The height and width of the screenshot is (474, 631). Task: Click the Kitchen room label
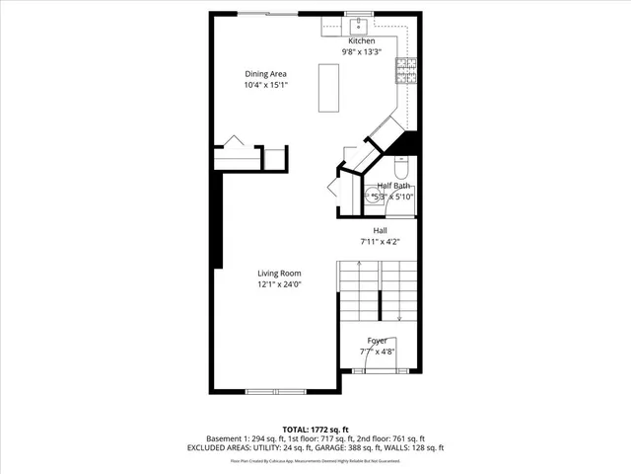tap(361, 40)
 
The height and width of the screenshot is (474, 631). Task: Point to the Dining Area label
tap(265, 73)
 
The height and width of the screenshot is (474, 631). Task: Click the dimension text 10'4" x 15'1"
tap(265, 85)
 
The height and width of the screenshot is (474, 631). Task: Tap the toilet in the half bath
tap(400, 165)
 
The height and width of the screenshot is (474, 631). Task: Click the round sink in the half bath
tap(375, 197)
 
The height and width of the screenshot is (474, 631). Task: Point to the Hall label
tap(380, 230)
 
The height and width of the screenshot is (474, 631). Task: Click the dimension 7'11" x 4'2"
tap(380, 241)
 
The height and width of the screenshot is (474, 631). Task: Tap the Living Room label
tap(279, 274)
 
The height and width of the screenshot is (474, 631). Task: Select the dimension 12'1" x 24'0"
tap(279, 284)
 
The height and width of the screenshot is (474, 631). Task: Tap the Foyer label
tap(378, 341)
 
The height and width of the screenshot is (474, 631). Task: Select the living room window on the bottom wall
tap(270, 392)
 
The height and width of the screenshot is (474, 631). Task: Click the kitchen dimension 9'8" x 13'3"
tap(361, 51)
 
